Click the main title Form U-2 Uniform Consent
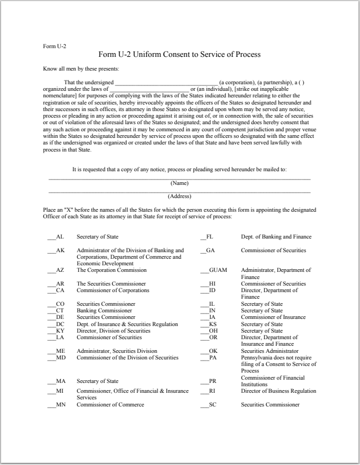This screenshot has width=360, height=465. (179, 54)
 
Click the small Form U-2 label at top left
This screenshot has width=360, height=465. (54, 46)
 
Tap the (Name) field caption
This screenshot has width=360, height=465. (179, 183)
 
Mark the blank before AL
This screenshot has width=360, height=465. (51, 237)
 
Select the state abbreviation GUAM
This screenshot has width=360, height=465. (218, 270)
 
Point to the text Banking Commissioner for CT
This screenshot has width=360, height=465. (104, 311)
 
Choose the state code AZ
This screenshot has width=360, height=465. (60, 270)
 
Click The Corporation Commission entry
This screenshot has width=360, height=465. (112, 270)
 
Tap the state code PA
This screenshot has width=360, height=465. (213, 358)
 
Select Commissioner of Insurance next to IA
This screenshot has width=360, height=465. (273, 317)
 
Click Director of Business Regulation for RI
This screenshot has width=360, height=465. (278, 391)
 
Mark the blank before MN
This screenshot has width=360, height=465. (51, 405)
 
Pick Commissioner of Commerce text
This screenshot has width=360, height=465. (111, 405)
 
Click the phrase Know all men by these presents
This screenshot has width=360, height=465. (80, 68)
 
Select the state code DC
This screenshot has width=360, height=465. (60, 324)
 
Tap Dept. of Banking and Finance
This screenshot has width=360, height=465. (276, 237)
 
